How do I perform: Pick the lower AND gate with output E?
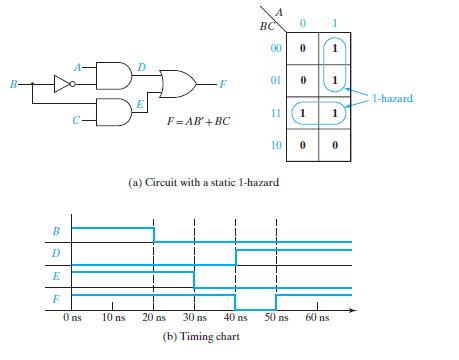pyautogui.click(x=116, y=111)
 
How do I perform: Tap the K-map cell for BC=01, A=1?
pyautogui.click(x=335, y=80)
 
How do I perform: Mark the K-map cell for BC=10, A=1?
pyautogui.click(x=335, y=145)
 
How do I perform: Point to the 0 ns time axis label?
pyautogui.click(x=71, y=318)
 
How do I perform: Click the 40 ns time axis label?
pyautogui.click(x=234, y=318)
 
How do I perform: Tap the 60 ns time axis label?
pyautogui.click(x=316, y=318)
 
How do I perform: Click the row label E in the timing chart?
pyautogui.click(x=55, y=274)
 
